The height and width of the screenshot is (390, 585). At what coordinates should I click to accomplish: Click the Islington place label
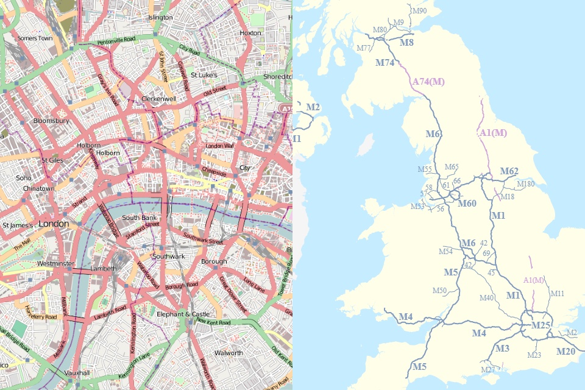160,18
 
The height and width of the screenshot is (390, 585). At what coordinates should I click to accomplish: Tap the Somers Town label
35,38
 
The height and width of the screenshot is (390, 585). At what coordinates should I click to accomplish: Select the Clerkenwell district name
158,98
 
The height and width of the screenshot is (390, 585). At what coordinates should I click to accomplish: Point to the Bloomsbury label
51,121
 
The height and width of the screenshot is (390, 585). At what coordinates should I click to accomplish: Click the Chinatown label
38,188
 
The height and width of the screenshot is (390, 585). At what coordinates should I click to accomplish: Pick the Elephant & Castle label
183,314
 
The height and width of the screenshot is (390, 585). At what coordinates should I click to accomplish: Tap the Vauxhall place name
77,372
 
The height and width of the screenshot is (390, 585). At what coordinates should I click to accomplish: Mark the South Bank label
140,218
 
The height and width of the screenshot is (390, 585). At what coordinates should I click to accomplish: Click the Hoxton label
250,33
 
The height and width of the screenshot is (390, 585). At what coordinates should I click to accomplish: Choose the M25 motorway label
541,325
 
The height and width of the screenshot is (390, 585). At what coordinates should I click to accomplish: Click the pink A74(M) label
428,82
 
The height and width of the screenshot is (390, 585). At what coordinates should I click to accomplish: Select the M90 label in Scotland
419,11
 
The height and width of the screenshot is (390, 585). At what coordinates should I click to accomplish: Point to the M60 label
467,203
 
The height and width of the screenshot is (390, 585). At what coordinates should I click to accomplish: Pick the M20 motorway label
565,351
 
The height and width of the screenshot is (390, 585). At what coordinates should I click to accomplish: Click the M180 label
525,183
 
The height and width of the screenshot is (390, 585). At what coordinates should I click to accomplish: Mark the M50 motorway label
440,290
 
